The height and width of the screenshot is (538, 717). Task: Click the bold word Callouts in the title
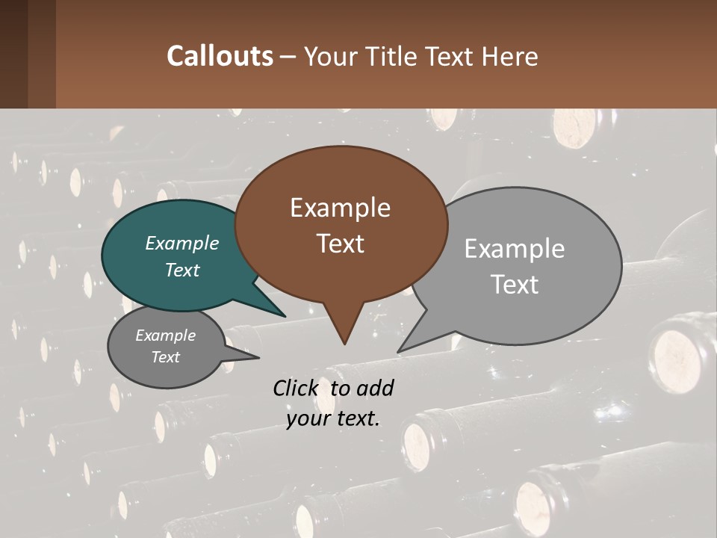(220, 56)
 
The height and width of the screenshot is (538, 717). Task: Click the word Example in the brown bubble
(340, 208)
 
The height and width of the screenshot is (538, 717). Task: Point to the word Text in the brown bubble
(340, 244)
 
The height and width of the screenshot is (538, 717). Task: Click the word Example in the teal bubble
(182, 243)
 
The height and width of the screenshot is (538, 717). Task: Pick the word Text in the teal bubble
(182, 270)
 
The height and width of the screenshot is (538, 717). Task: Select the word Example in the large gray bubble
(515, 249)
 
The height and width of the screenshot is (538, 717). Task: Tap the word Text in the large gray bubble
(515, 285)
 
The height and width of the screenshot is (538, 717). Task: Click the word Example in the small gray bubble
(166, 336)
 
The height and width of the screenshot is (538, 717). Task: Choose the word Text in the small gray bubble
(166, 357)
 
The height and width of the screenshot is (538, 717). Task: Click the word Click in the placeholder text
(297, 388)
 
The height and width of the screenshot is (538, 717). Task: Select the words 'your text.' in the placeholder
(333, 418)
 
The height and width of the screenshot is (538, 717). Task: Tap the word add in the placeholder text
(375, 388)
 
